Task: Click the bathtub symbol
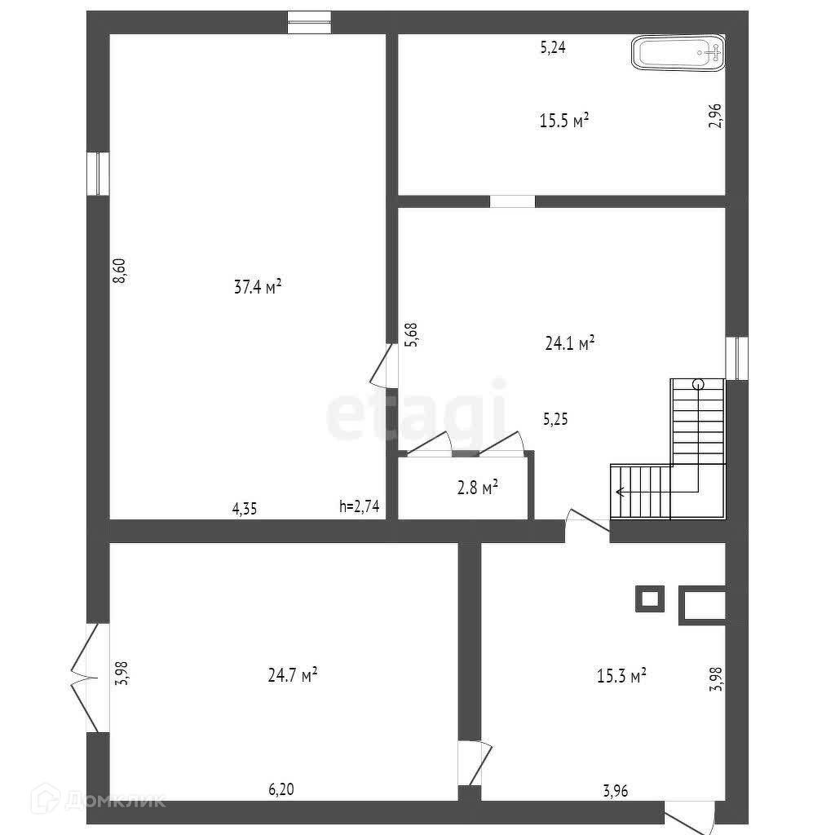point(678,55)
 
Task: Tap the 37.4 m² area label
point(258,286)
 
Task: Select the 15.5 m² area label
point(564,121)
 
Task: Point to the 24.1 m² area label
point(569,343)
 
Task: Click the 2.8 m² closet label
point(477,488)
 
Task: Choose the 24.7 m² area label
point(292,675)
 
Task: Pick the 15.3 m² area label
point(622,675)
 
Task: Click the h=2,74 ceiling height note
point(359,506)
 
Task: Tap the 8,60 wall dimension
point(120,270)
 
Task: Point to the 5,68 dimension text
point(412,334)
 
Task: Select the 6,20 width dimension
point(282,789)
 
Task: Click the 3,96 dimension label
point(616,789)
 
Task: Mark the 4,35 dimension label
point(245,509)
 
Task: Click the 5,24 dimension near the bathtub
point(553,47)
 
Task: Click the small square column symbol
point(649,599)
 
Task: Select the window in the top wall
point(309,22)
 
